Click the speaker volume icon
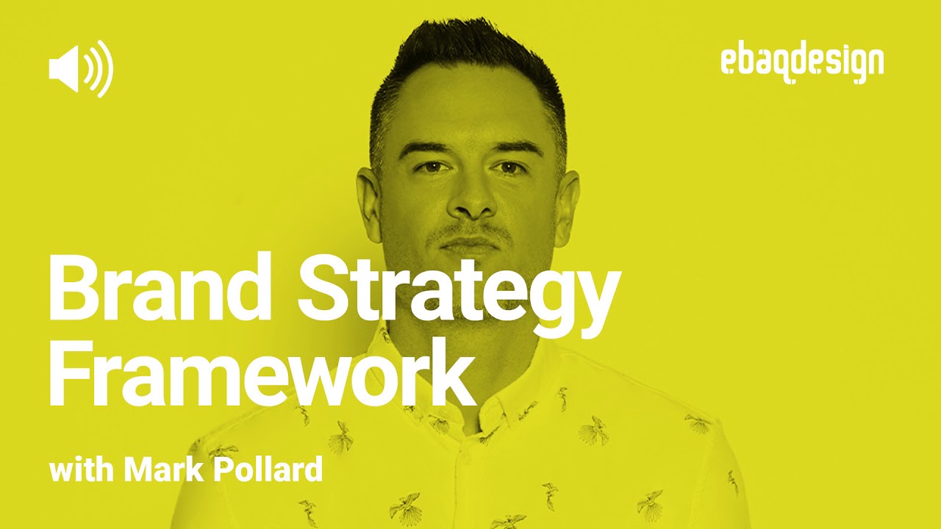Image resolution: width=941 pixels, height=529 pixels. (80, 68)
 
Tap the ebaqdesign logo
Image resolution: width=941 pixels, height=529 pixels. (802, 65)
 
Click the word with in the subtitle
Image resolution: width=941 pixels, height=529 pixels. (80, 469)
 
